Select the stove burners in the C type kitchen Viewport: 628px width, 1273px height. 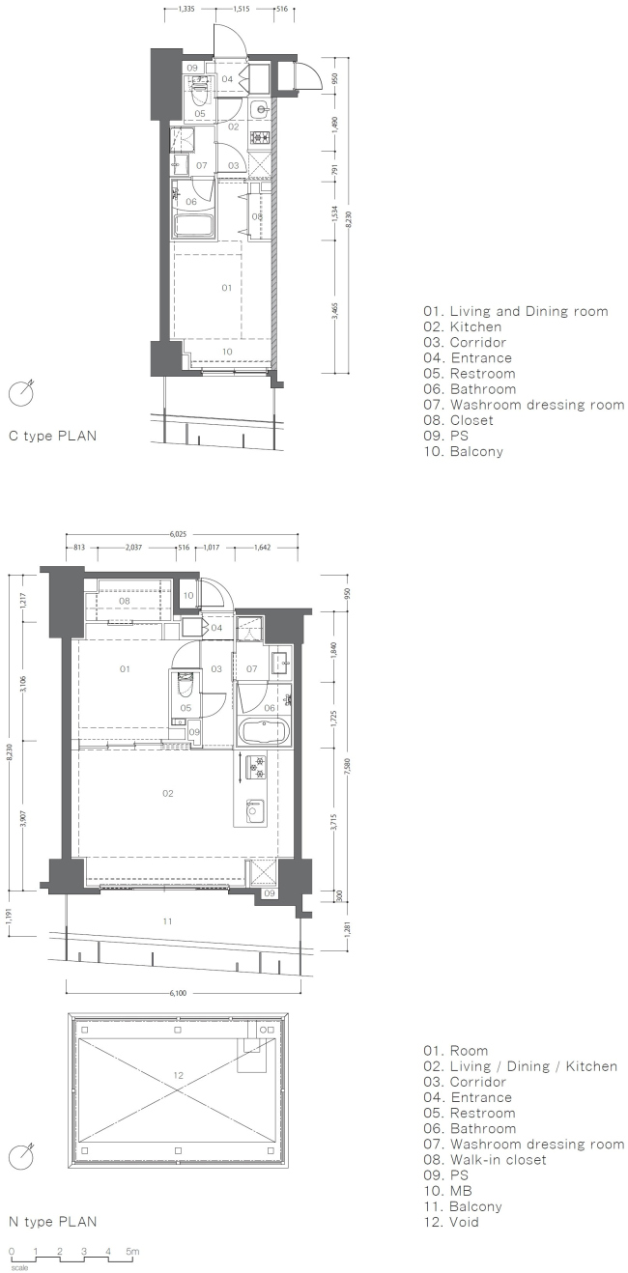point(259,138)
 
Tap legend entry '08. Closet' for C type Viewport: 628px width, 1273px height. point(458,420)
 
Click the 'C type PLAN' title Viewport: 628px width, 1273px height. point(52,436)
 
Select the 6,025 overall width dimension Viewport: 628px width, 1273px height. point(183,532)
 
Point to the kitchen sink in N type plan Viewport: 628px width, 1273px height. point(254,807)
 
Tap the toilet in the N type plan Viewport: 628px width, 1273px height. point(184,688)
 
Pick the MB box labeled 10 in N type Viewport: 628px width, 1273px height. point(188,596)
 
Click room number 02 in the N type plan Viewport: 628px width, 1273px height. point(167,793)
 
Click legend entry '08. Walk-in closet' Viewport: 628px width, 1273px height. point(484,1159)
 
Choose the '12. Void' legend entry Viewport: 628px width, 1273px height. point(450,1222)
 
